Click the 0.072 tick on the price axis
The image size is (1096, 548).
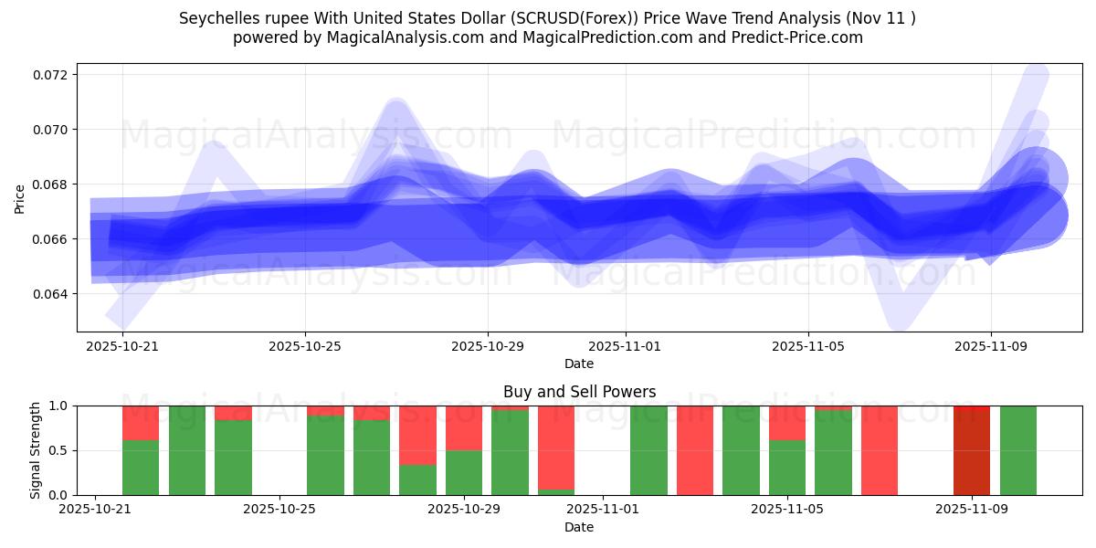53,74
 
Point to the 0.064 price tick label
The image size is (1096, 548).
53,294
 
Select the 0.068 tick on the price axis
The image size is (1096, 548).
53,184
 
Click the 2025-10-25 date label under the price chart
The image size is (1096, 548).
305,346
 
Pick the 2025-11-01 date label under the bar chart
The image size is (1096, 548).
603,510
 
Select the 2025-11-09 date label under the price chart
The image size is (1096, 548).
992,346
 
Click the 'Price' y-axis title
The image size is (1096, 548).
20,197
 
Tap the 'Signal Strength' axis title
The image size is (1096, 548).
37,450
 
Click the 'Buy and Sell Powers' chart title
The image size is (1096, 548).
579,392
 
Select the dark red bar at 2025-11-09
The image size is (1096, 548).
972,450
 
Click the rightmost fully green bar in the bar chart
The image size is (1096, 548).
1018,450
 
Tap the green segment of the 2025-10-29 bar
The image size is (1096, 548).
464,472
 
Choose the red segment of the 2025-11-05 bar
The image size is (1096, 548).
787,423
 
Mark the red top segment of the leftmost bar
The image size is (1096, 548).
141,423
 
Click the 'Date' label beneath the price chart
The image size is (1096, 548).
579,364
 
